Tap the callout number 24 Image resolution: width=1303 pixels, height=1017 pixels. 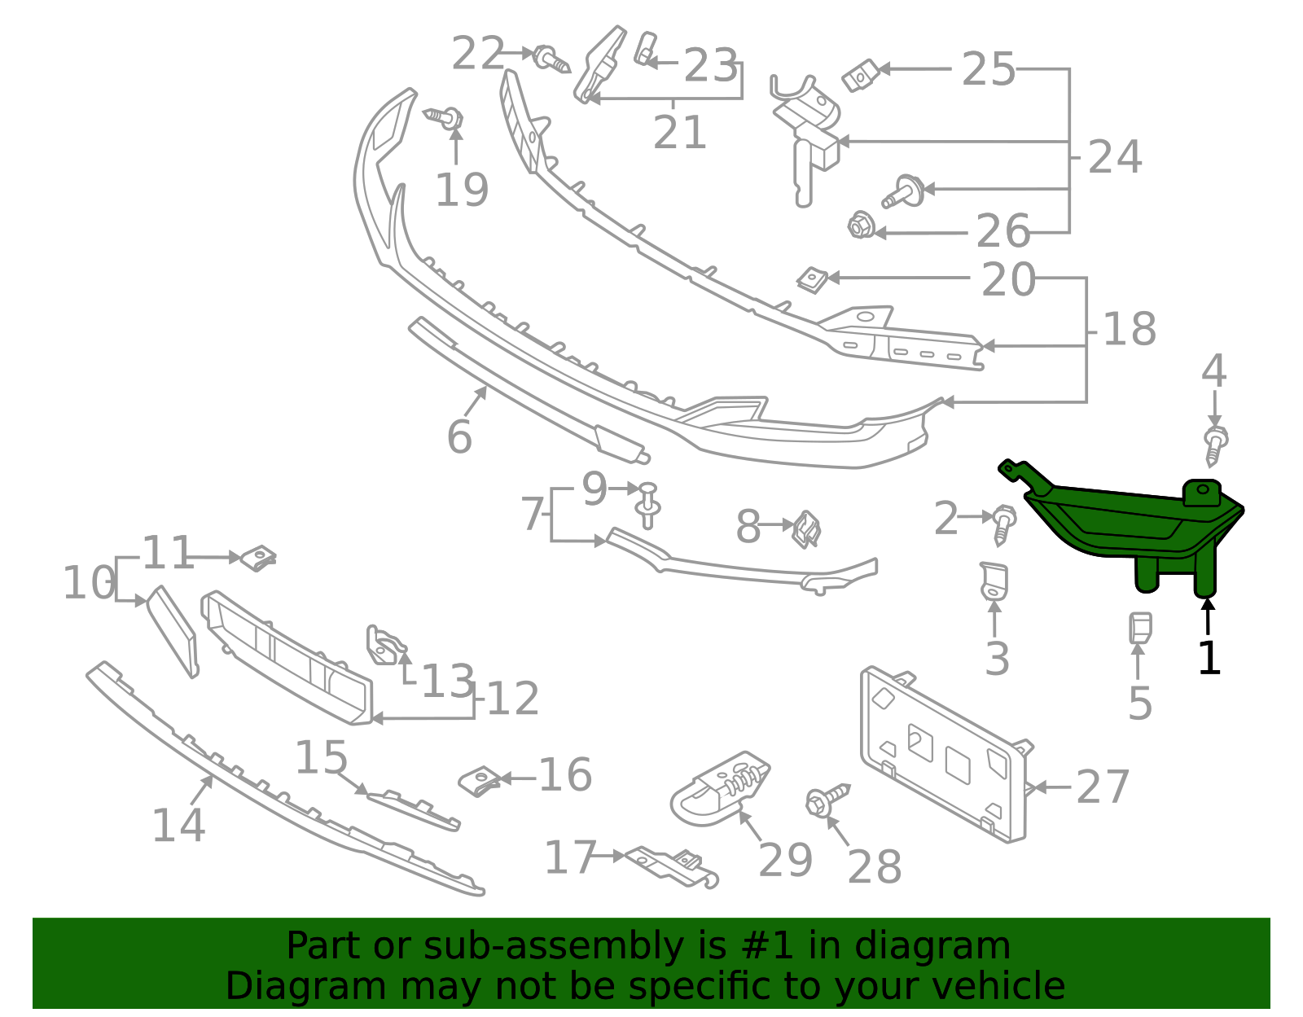point(1115,157)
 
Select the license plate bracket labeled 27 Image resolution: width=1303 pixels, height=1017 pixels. point(945,753)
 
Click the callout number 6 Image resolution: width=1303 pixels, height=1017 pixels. point(459,437)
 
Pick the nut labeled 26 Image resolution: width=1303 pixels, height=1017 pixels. point(858,226)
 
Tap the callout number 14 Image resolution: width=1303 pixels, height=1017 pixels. point(178,826)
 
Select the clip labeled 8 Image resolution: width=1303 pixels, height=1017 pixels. point(806,528)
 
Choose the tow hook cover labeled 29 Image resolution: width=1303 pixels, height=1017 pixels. point(721,786)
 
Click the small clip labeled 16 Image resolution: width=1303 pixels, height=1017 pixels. point(480,780)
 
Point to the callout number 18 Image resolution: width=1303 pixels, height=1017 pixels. point(1129,330)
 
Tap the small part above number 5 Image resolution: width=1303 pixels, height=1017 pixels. point(1139,628)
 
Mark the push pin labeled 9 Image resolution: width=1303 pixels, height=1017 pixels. point(648,504)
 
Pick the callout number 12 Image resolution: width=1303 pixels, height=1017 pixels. point(512,699)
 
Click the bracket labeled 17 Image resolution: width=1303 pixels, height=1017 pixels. point(668,865)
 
